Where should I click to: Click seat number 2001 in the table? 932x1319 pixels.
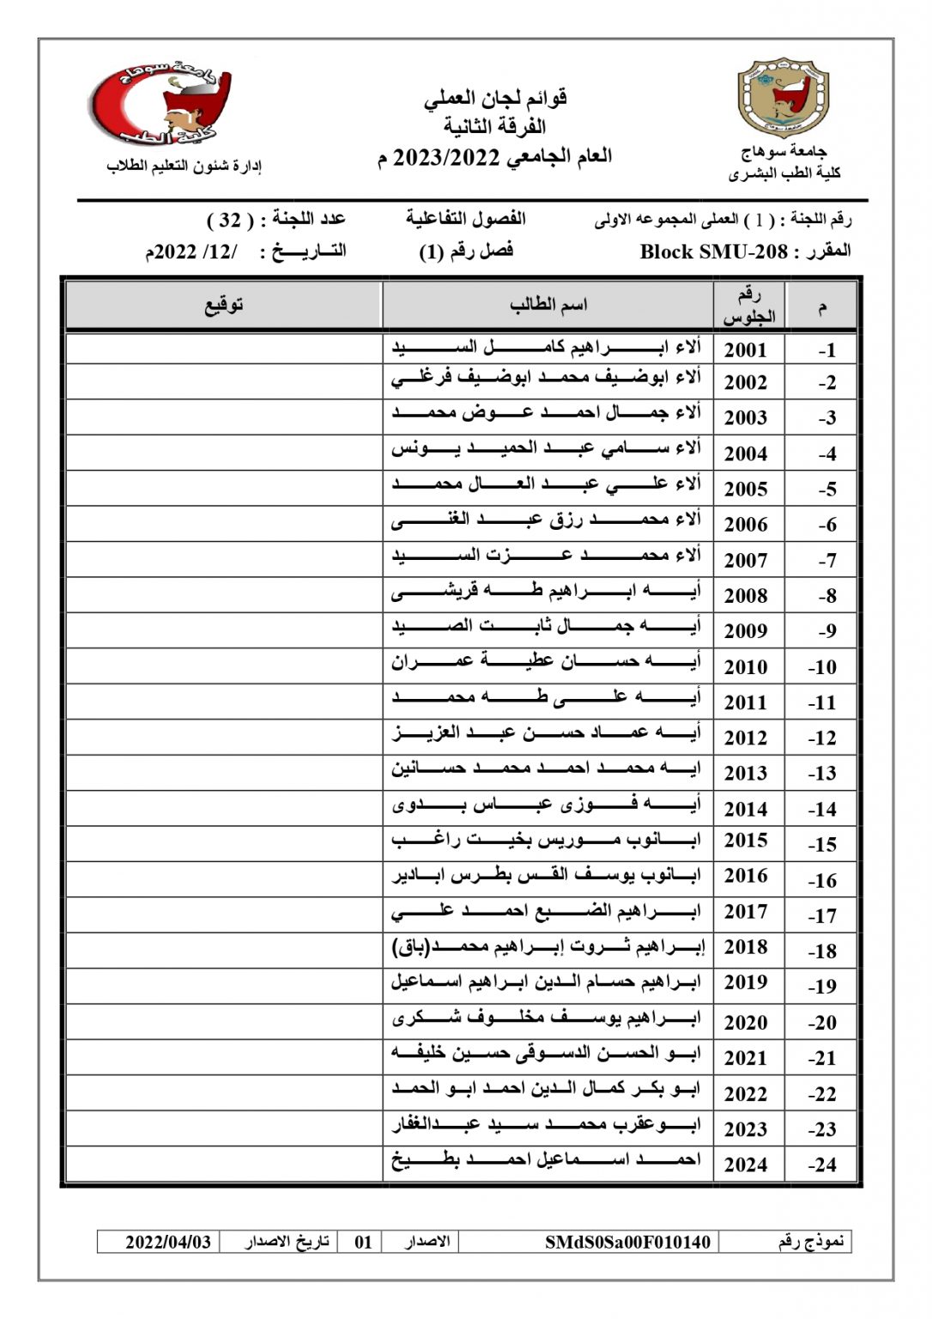(745, 350)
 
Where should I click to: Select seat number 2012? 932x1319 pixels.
(745, 738)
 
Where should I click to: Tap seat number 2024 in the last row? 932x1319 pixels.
(745, 1164)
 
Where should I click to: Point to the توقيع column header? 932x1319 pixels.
(224, 306)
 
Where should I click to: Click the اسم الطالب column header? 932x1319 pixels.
(548, 306)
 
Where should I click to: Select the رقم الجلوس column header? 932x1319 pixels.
(748, 306)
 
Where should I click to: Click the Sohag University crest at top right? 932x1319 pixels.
(784, 98)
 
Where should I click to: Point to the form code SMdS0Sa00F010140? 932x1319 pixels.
(627, 1242)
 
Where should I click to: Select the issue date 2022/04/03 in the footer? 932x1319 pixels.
(168, 1242)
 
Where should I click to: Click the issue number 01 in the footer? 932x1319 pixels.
(364, 1242)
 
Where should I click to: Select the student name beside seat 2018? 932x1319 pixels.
(548, 947)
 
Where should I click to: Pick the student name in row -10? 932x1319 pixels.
(548, 662)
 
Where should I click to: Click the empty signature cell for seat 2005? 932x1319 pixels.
(224, 488)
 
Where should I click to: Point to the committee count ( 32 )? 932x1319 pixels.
(230, 220)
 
